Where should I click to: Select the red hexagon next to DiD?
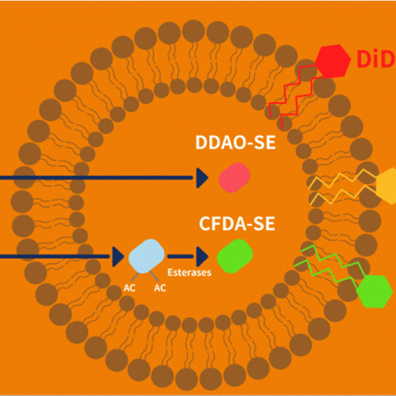(x=332, y=61)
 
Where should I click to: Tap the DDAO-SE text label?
(x=235, y=143)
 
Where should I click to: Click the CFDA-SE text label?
(x=237, y=224)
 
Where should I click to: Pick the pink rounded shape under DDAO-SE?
(x=234, y=177)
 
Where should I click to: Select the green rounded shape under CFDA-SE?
(x=235, y=256)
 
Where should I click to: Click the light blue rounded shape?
(x=146, y=256)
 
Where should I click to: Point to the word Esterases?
(x=189, y=272)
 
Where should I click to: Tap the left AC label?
(x=130, y=288)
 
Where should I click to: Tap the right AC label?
(x=160, y=288)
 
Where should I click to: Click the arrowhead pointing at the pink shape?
(x=202, y=178)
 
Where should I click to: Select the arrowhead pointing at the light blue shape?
(x=118, y=257)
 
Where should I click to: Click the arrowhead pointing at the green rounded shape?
(x=202, y=257)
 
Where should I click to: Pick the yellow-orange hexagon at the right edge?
(x=386, y=186)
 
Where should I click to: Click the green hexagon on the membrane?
(x=374, y=291)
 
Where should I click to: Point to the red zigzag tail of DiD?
(x=292, y=95)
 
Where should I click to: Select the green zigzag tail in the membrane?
(x=329, y=266)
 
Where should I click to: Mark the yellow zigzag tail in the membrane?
(x=342, y=187)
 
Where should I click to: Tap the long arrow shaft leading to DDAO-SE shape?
(x=97, y=178)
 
